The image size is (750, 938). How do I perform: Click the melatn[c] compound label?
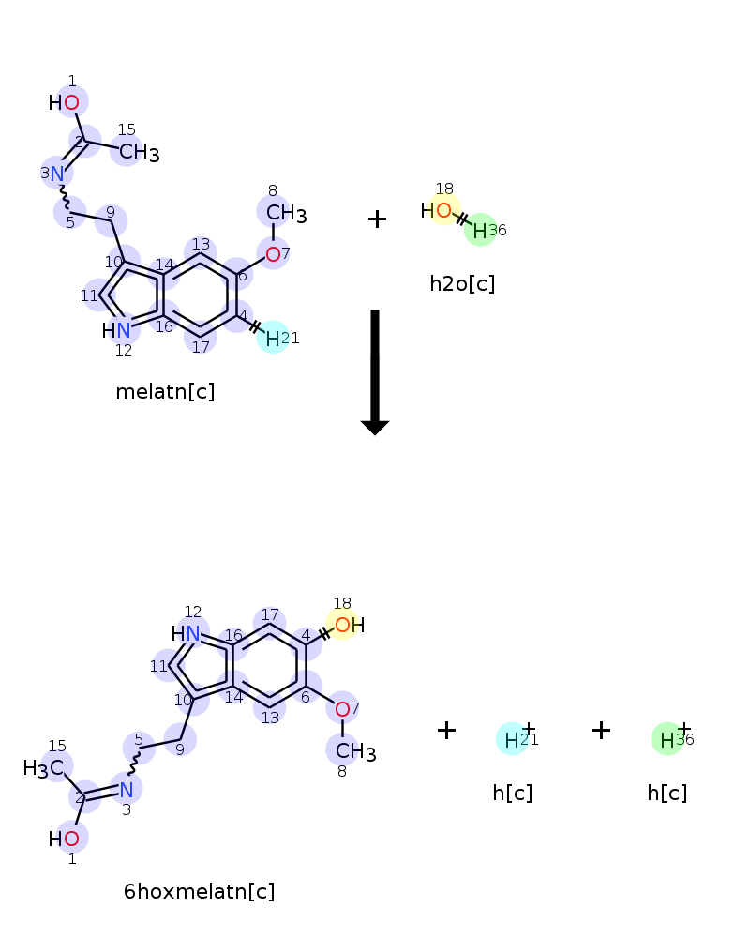(x=165, y=392)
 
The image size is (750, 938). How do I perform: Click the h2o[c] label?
(x=462, y=283)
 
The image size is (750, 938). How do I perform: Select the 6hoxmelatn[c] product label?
(x=199, y=892)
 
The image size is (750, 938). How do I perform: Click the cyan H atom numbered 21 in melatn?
(x=272, y=338)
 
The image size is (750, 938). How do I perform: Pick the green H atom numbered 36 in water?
(x=480, y=230)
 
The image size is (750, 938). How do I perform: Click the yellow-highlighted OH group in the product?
(x=345, y=625)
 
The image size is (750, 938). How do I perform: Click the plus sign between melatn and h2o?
(x=377, y=219)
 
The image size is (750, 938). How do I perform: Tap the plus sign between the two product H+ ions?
(x=601, y=731)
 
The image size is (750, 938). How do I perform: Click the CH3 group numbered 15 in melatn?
(x=138, y=152)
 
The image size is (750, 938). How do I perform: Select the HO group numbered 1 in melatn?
(x=66, y=102)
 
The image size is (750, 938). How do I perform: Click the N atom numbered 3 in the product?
(x=127, y=789)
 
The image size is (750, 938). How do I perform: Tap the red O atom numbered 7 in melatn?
(x=273, y=254)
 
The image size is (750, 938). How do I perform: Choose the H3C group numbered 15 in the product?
(x=44, y=768)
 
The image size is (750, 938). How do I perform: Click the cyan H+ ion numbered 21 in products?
(x=512, y=740)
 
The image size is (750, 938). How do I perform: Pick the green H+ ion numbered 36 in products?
(x=667, y=740)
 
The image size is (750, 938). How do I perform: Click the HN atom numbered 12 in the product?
(x=187, y=634)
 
